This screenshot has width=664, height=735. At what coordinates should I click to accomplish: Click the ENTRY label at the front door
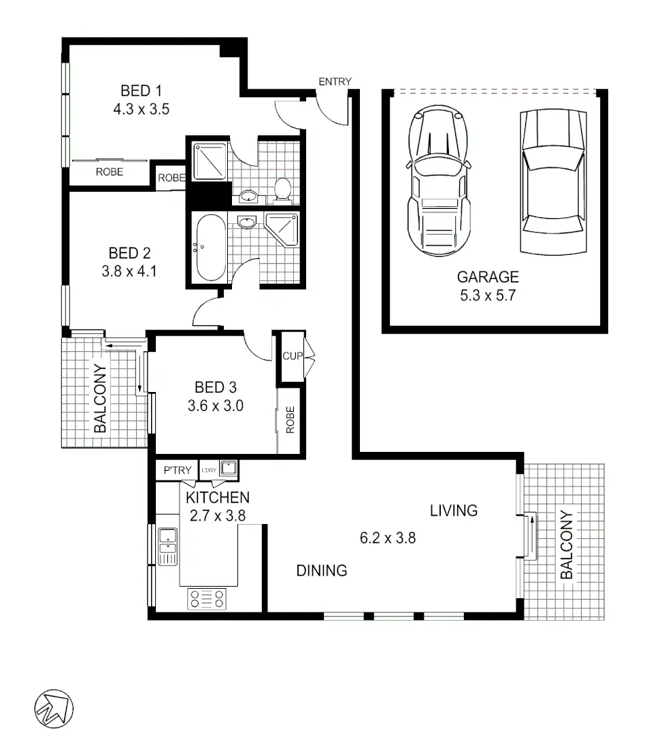(x=335, y=82)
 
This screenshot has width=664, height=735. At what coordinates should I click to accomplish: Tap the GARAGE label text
(x=487, y=277)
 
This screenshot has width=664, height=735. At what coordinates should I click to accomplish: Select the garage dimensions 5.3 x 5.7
(x=487, y=295)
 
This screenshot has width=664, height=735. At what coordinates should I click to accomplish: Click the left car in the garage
(x=439, y=182)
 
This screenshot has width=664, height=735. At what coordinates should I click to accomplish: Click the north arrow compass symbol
(x=53, y=708)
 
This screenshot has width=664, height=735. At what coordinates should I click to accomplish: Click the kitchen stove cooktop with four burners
(x=207, y=599)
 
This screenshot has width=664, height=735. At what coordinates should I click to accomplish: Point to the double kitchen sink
(x=167, y=546)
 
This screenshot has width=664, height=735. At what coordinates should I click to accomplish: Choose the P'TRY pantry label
(x=176, y=470)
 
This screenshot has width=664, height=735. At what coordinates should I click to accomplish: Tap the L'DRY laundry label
(x=208, y=470)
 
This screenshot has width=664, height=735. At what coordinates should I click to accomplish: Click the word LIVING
(x=454, y=510)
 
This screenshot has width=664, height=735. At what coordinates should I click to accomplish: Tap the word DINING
(x=322, y=570)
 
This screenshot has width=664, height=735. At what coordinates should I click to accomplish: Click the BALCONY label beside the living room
(x=567, y=544)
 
